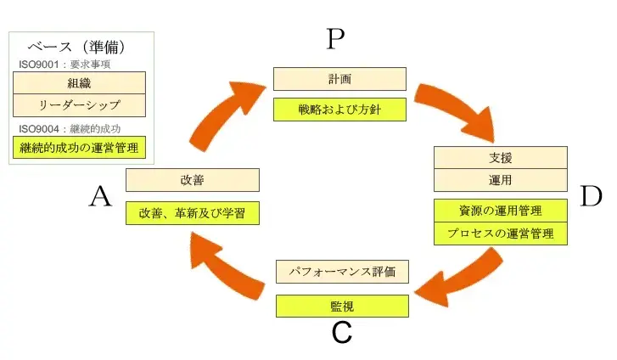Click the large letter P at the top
pyautogui.click(x=336, y=40)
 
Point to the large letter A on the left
pyautogui.click(x=100, y=197)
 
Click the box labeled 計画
pyautogui.click(x=339, y=79)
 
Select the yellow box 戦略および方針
pyautogui.click(x=339, y=110)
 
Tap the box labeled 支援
pyautogui.click(x=500, y=158)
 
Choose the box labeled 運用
pyautogui.click(x=500, y=180)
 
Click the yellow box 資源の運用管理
pyautogui.click(x=500, y=211)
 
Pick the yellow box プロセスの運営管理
pyautogui.click(x=500, y=233)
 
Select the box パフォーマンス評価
pyautogui.click(x=342, y=272)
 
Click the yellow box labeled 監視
pyautogui.click(x=342, y=304)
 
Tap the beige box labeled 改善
pyautogui.click(x=192, y=180)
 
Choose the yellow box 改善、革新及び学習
pyautogui.click(x=192, y=212)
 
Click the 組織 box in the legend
pyautogui.click(x=79, y=82)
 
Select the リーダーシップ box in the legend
pyautogui.click(x=79, y=105)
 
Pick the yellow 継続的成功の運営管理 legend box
pyautogui.click(x=79, y=148)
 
